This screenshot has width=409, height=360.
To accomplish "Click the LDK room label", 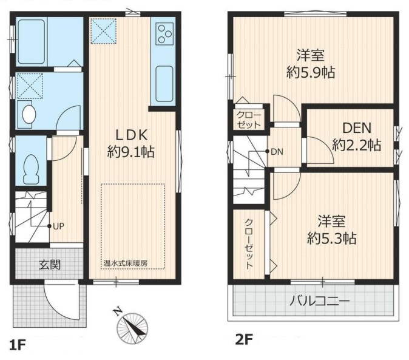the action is coord(132,135).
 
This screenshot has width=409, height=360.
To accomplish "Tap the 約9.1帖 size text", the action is coord(131,152).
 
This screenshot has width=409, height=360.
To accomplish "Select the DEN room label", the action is coord(357,128).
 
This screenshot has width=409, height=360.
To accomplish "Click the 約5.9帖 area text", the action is coord(311,72).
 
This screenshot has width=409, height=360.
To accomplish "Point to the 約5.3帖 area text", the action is coord(331,238).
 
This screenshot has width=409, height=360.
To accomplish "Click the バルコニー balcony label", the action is coord(319,302).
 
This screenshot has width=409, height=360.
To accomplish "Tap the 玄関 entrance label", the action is coord(50,265).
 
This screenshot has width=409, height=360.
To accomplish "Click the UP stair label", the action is coord(58,226).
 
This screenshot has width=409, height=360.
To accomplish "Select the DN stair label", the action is coord(277,152).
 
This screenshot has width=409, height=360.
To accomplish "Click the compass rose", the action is coord(132,327).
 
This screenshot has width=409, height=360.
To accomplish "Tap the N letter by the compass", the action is coord(118,312).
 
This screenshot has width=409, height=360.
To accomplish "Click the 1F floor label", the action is coord(18,345).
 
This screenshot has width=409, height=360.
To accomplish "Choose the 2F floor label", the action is coord(243,340).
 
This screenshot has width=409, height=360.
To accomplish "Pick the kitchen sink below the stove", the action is coord(164,84).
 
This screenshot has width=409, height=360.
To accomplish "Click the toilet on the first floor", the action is coord(32,169).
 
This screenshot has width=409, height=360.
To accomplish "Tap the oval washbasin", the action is coord(29,115).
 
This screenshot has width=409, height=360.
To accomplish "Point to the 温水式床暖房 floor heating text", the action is coord(125,263).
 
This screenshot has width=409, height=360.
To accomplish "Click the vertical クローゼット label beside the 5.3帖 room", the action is coord(249,244).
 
